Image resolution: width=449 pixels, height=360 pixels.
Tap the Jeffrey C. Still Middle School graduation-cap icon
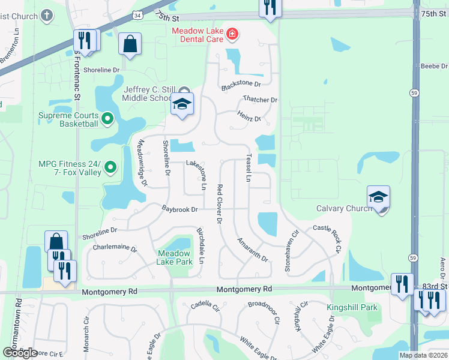[182, 104]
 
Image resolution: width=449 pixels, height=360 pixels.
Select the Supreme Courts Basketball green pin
[108, 119]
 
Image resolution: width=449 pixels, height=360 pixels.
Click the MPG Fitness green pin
[110, 167]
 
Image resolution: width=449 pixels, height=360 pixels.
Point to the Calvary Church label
[344, 209]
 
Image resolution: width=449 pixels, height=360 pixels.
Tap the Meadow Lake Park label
[174, 257]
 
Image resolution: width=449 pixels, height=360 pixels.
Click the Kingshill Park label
[352, 308]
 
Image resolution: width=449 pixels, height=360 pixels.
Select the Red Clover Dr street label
[220, 204]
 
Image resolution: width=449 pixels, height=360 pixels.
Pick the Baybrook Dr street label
[179, 209]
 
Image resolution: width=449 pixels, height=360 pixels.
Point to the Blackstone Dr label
[241, 86]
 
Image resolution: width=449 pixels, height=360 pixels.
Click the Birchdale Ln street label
[201, 245]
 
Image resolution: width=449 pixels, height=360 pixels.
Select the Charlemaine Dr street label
[115, 247]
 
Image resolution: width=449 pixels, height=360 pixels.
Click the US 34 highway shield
[138, 15]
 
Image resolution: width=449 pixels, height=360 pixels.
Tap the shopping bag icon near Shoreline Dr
[130, 44]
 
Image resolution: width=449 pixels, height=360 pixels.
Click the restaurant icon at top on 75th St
[270, 7]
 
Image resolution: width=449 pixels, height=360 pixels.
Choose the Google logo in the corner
[19, 353]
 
